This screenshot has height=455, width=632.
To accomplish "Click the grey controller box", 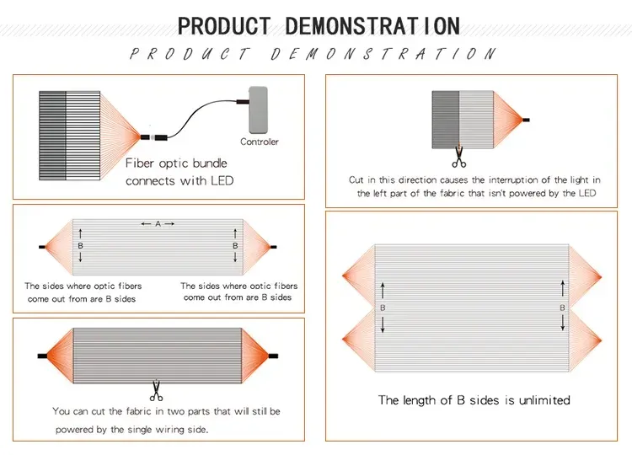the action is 259,110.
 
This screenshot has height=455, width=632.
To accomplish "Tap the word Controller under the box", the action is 260,142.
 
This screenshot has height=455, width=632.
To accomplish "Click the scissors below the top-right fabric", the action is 458,157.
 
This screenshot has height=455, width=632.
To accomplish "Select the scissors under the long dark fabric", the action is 156,391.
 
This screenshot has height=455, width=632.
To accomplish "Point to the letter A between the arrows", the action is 158,223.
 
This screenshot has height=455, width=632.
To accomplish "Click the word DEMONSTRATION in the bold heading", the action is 372,26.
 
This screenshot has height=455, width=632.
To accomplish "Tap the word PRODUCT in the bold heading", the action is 224,26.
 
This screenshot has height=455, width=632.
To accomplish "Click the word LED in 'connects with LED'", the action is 222,180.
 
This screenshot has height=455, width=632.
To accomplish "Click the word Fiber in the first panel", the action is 140,163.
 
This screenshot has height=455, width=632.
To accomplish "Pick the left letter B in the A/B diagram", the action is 80,245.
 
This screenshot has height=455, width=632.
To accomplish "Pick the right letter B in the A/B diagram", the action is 235,245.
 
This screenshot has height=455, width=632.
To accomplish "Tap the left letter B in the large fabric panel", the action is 383,308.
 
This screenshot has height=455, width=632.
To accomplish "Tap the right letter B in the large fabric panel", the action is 562,308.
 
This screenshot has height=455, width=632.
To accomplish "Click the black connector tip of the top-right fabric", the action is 526,120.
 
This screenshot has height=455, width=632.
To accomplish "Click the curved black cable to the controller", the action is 201,117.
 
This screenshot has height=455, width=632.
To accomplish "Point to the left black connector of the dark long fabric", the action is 42,356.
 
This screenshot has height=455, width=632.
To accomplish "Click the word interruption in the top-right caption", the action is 513,180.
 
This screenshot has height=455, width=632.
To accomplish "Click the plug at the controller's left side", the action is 243,102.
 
